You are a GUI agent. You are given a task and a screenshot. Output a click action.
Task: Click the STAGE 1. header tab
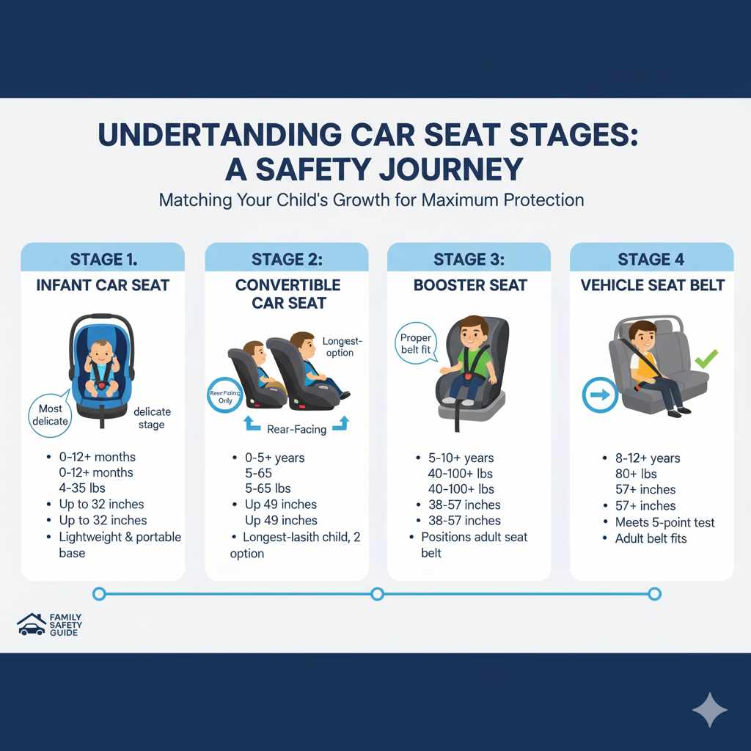103,259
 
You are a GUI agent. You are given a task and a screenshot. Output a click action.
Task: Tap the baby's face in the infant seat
103,353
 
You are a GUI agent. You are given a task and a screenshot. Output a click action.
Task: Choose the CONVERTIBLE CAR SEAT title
287,293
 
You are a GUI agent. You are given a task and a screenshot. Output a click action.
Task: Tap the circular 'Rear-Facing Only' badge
226,396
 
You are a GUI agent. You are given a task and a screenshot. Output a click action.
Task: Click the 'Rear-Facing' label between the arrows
297,429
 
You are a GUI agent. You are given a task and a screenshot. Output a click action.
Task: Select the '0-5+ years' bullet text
274,458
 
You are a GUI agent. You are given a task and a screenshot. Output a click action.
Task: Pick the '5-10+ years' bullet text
460,458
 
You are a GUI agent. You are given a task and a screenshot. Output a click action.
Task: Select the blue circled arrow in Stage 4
596,395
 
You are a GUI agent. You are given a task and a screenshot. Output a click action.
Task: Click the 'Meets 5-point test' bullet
664,522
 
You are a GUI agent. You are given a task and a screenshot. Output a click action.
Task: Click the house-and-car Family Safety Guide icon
31,624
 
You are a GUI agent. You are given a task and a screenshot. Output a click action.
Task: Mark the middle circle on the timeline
377,593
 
